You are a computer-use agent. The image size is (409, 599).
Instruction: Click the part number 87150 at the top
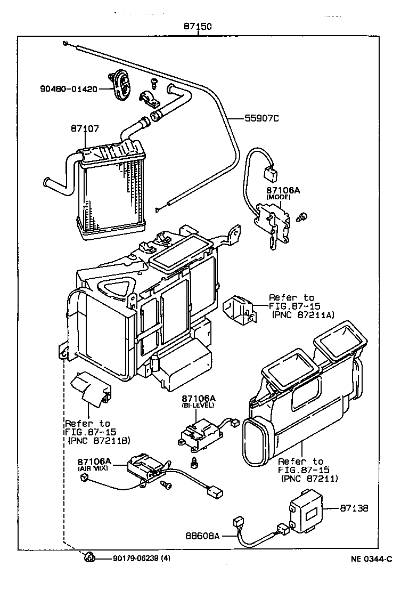pyautogui.click(x=198, y=27)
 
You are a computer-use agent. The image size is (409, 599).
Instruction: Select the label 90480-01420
pyautogui.click(x=68, y=89)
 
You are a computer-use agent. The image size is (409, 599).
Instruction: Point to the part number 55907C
pyautogui.click(x=261, y=118)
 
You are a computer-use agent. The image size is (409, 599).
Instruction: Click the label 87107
pyautogui.click(x=85, y=128)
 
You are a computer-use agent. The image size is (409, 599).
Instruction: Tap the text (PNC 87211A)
pyautogui.click(x=302, y=315)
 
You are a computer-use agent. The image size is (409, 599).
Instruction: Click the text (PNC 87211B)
pyautogui.click(x=99, y=440)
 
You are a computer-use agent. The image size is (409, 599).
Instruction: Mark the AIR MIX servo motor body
pyautogui.click(x=144, y=467)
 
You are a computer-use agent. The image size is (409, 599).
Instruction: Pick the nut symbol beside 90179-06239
pyautogui.click(x=90, y=558)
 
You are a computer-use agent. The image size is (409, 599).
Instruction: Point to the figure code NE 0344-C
pyautogui.click(x=371, y=558)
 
